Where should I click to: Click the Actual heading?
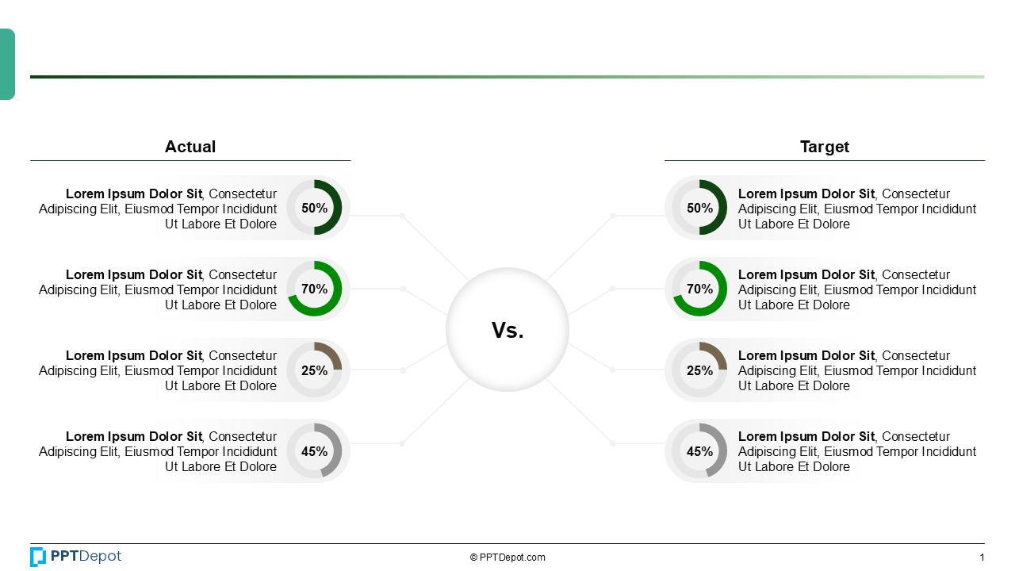[190, 147]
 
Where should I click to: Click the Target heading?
[825, 147]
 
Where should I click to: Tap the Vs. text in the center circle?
[507, 331]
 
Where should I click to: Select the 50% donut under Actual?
[314, 208]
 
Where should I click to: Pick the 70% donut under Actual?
[314, 289]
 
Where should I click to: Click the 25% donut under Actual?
[314, 370]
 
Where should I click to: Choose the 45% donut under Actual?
[314, 450]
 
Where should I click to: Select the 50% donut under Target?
[699, 208]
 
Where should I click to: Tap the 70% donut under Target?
[699, 289]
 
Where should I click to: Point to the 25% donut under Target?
[699, 370]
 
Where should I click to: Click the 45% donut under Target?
[699, 450]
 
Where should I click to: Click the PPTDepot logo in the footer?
[76, 557]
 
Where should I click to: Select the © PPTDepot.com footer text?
[507, 558]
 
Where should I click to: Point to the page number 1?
[982, 558]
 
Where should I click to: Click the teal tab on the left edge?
[7, 64]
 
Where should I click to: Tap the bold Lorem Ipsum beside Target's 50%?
[806, 194]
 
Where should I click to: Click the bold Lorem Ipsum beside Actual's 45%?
[134, 436]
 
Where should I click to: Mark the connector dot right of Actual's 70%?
[403, 289]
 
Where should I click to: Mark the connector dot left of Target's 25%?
[612, 370]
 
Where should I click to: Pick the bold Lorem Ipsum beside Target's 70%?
[806, 274]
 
